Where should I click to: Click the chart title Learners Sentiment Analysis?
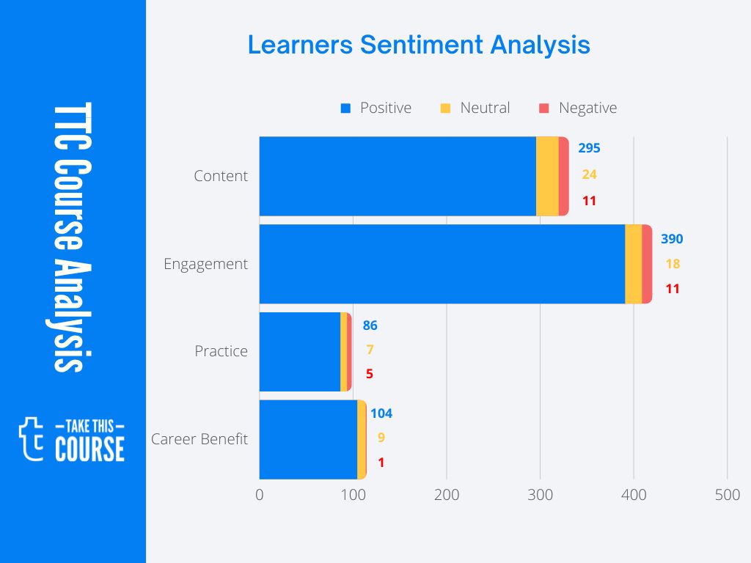(x=419, y=45)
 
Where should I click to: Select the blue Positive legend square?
(x=346, y=108)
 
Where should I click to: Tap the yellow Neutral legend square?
(x=445, y=108)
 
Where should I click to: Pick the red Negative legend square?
(x=544, y=108)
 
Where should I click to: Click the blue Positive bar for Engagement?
(x=442, y=264)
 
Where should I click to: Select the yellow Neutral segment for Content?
(x=547, y=176)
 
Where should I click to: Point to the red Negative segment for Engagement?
(x=647, y=264)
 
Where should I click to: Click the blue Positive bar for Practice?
(x=299, y=351)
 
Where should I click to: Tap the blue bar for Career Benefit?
(x=308, y=439)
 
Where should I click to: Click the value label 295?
(x=589, y=148)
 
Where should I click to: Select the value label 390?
(x=672, y=239)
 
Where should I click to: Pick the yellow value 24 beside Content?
(x=589, y=174)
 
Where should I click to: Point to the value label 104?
(x=381, y=413)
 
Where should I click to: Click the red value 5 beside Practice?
(x=370, y=374)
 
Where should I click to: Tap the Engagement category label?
(x=205, y=264)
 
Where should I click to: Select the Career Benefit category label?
(x=199, y=439)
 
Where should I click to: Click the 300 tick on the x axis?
(x=540, y=496)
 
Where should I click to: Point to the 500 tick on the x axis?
(x=727, y=496)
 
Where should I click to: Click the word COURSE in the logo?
(x=89, y=449)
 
